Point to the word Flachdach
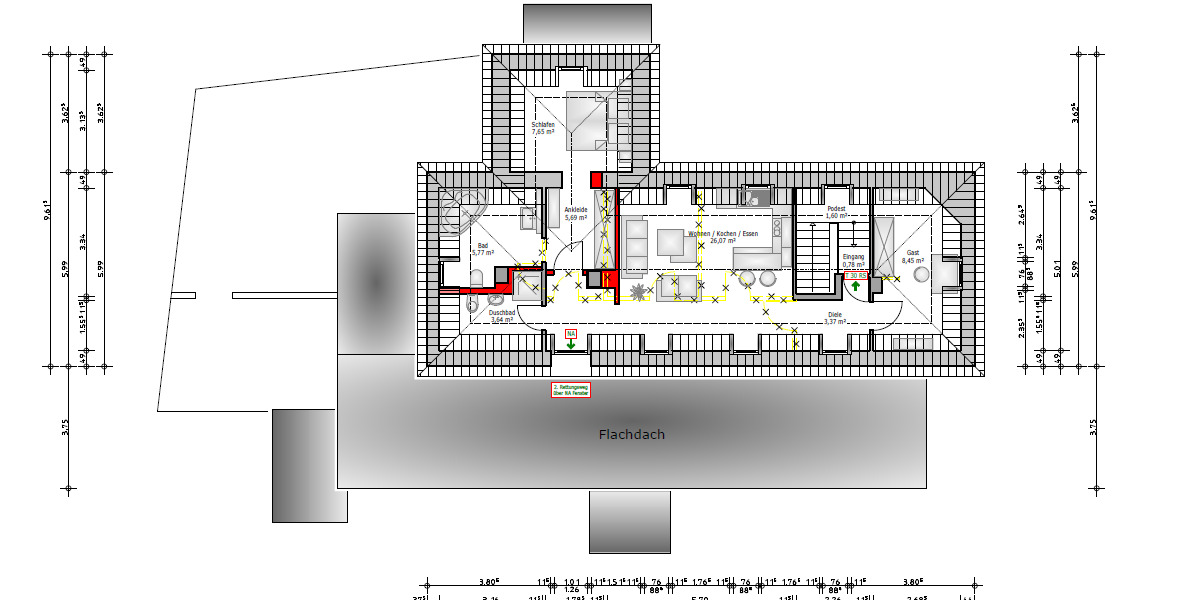[x=631, y=435]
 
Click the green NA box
[x=570, y=332]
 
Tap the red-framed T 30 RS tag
[x=855, y=275]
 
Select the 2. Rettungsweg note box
[x=571, y=390]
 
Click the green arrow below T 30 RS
[x=856, y=287]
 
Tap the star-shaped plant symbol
[x=638, y=292]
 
